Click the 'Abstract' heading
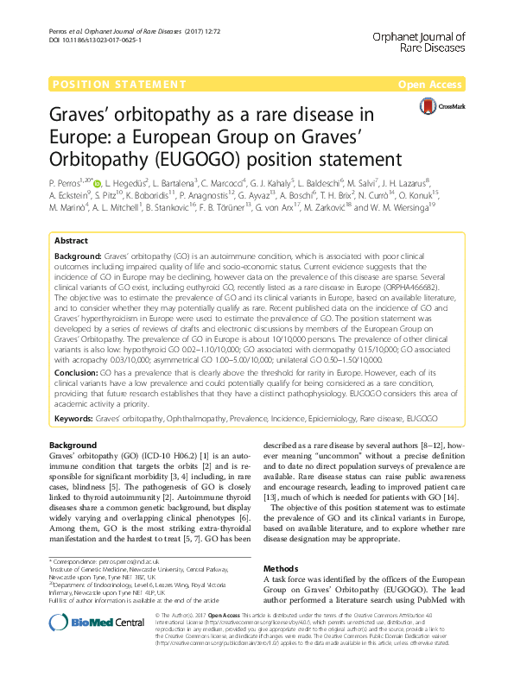tap(71, 216)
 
